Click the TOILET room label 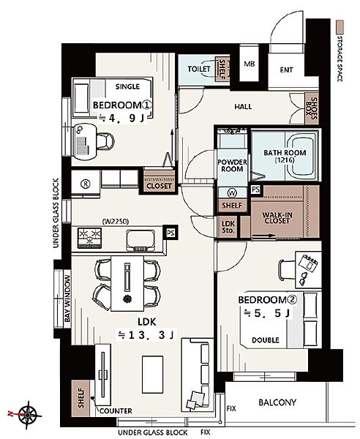[199, 69]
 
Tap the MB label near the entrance [249, 64]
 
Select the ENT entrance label [286, 70]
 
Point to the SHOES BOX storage [312, 108]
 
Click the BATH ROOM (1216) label [285, 157]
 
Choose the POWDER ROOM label [232, 165]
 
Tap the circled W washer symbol [233, 192]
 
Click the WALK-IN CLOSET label [277, 218]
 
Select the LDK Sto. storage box [228, 227]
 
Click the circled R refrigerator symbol [85, 184]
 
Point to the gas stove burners [89, 238]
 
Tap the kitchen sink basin [140, 240]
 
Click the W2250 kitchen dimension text [116, 222]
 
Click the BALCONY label [277, 402]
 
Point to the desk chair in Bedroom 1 [106, 140]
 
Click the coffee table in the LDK [153, 375]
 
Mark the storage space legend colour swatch [340, 27]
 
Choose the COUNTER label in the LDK [116, 410]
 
